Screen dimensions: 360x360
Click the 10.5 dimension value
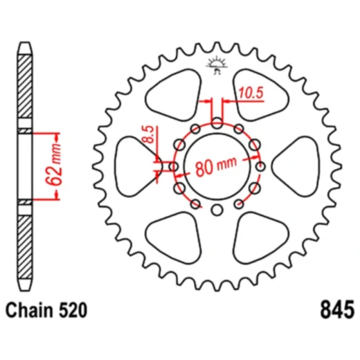[251, 93]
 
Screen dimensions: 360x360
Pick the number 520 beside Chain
[73, 310]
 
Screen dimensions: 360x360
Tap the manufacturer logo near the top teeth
[217, 65]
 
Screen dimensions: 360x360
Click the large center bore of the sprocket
[217, 166]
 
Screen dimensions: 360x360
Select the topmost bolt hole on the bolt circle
[217, 123]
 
